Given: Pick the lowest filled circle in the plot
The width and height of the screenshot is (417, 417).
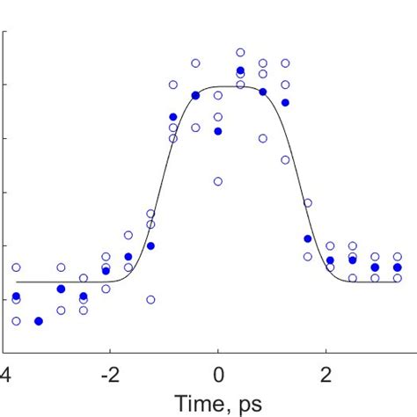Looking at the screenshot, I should click(x=39, y=321).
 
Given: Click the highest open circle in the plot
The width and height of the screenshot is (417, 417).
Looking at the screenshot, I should click(x=240, y=53).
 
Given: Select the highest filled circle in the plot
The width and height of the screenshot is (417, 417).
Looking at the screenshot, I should click(x=240, y=70).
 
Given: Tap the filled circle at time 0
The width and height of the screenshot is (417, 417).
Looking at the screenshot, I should click(x=218, y=131).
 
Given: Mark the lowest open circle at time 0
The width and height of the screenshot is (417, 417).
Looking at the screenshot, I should click(x=218, y=181).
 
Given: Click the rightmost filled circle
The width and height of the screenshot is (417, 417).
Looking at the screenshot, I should click(x=398, y=267).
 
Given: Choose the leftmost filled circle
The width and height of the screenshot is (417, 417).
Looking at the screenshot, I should click(x=16, y=296).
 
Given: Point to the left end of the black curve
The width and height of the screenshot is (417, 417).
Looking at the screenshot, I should click(x=16, y=282).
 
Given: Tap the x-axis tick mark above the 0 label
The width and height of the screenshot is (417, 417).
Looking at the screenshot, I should click(x=218, y=350).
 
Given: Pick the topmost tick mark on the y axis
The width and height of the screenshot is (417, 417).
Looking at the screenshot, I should click(x=8, y=33).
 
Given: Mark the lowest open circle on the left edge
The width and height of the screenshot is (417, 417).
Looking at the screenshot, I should click(x=16, y=321).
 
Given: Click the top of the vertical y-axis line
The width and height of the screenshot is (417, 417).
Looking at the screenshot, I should click(x=5, y=31).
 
